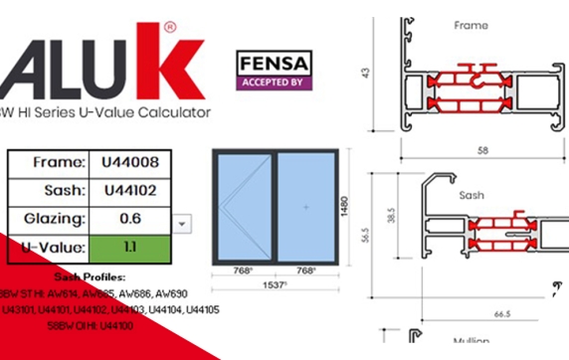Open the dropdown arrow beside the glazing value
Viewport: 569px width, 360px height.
tap(182, 224)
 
